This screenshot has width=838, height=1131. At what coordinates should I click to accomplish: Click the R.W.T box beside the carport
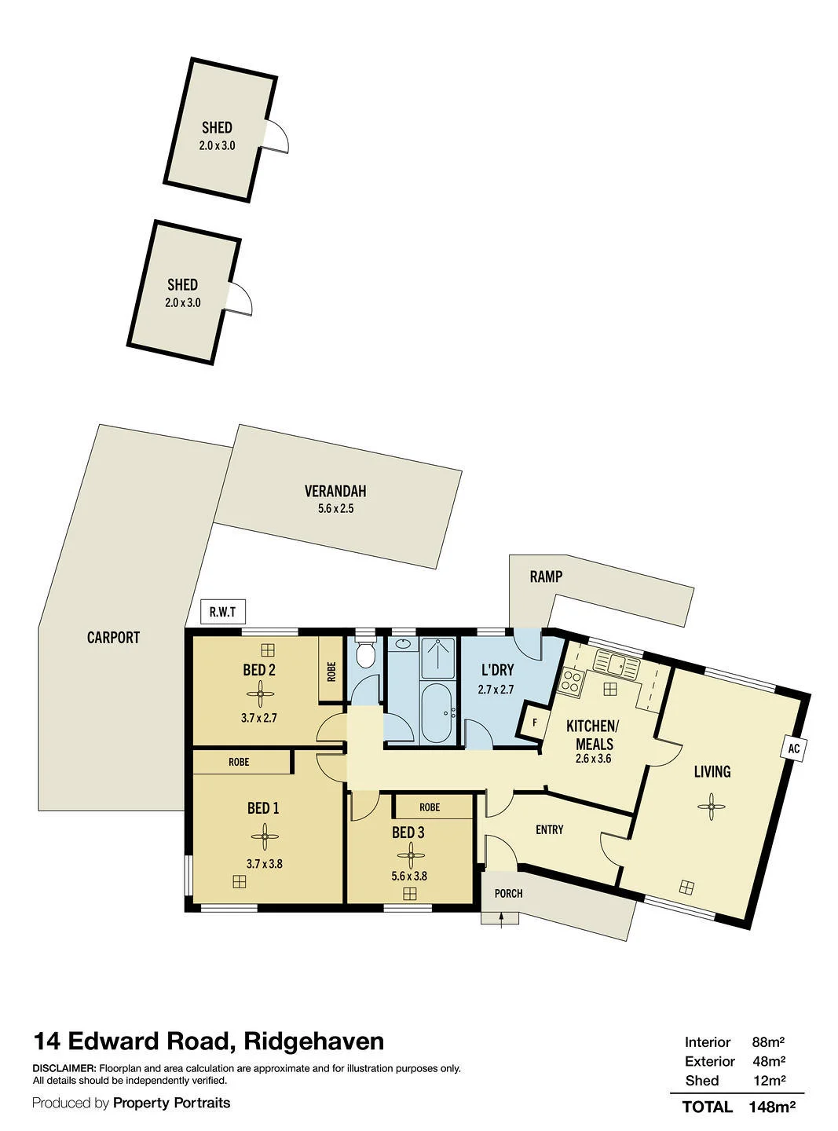223,611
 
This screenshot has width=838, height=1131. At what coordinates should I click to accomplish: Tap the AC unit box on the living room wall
794,749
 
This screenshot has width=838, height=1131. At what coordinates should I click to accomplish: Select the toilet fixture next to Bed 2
364,653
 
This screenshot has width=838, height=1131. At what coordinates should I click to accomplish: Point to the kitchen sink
617,665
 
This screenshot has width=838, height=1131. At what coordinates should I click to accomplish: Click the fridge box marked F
533,723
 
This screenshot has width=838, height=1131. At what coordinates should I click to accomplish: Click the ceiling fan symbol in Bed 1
265,836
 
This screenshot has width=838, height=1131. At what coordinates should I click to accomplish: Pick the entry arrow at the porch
501,920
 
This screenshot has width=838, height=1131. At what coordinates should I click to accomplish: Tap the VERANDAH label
335,492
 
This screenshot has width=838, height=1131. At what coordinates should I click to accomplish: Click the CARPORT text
113,638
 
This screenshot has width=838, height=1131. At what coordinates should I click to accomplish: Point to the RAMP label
546,576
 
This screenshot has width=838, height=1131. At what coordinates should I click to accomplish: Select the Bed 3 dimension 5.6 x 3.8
409,876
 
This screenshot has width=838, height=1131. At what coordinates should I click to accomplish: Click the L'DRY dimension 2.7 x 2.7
496,690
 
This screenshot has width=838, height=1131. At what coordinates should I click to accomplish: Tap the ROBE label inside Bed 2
331,672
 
